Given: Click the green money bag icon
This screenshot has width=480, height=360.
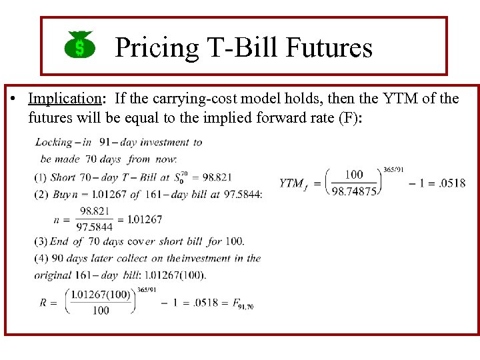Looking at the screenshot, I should (79, 45).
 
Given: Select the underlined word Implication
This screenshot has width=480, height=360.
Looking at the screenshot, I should (64, 99).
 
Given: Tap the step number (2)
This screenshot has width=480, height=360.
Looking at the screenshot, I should (41, 194).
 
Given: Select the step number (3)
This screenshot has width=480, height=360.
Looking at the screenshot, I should (41, 241).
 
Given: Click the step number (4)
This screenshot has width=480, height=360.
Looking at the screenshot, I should (41, 258).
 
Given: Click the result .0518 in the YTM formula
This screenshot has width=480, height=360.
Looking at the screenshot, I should (453, 183).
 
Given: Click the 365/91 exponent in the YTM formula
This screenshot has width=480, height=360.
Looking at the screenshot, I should (394, 169).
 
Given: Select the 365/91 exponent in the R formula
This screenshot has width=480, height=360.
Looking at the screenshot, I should (147, 289).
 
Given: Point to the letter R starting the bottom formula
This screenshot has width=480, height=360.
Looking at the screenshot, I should (44, 303).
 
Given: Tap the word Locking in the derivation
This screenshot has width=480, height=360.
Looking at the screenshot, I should (53, 142).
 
